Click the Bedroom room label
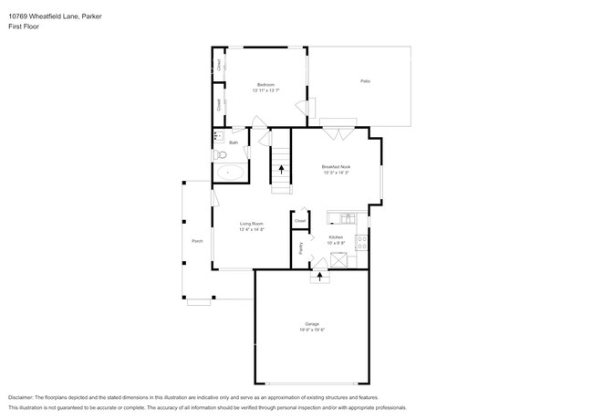[x=265, y=85]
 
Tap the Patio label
[x=365, y=81]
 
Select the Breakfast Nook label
[x=337, y=167]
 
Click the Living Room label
[x=252, y=224]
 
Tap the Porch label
[x=197, y=241]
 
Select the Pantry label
[x=301, y=247]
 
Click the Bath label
[x=234, y=142]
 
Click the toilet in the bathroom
[x=220, y=155]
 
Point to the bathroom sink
[x=218, y=137]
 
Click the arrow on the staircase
[x=282, y=168]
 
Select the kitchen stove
[x=361, y=242]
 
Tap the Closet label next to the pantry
[x=300, y=220]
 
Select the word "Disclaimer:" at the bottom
[x=25, y=398]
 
